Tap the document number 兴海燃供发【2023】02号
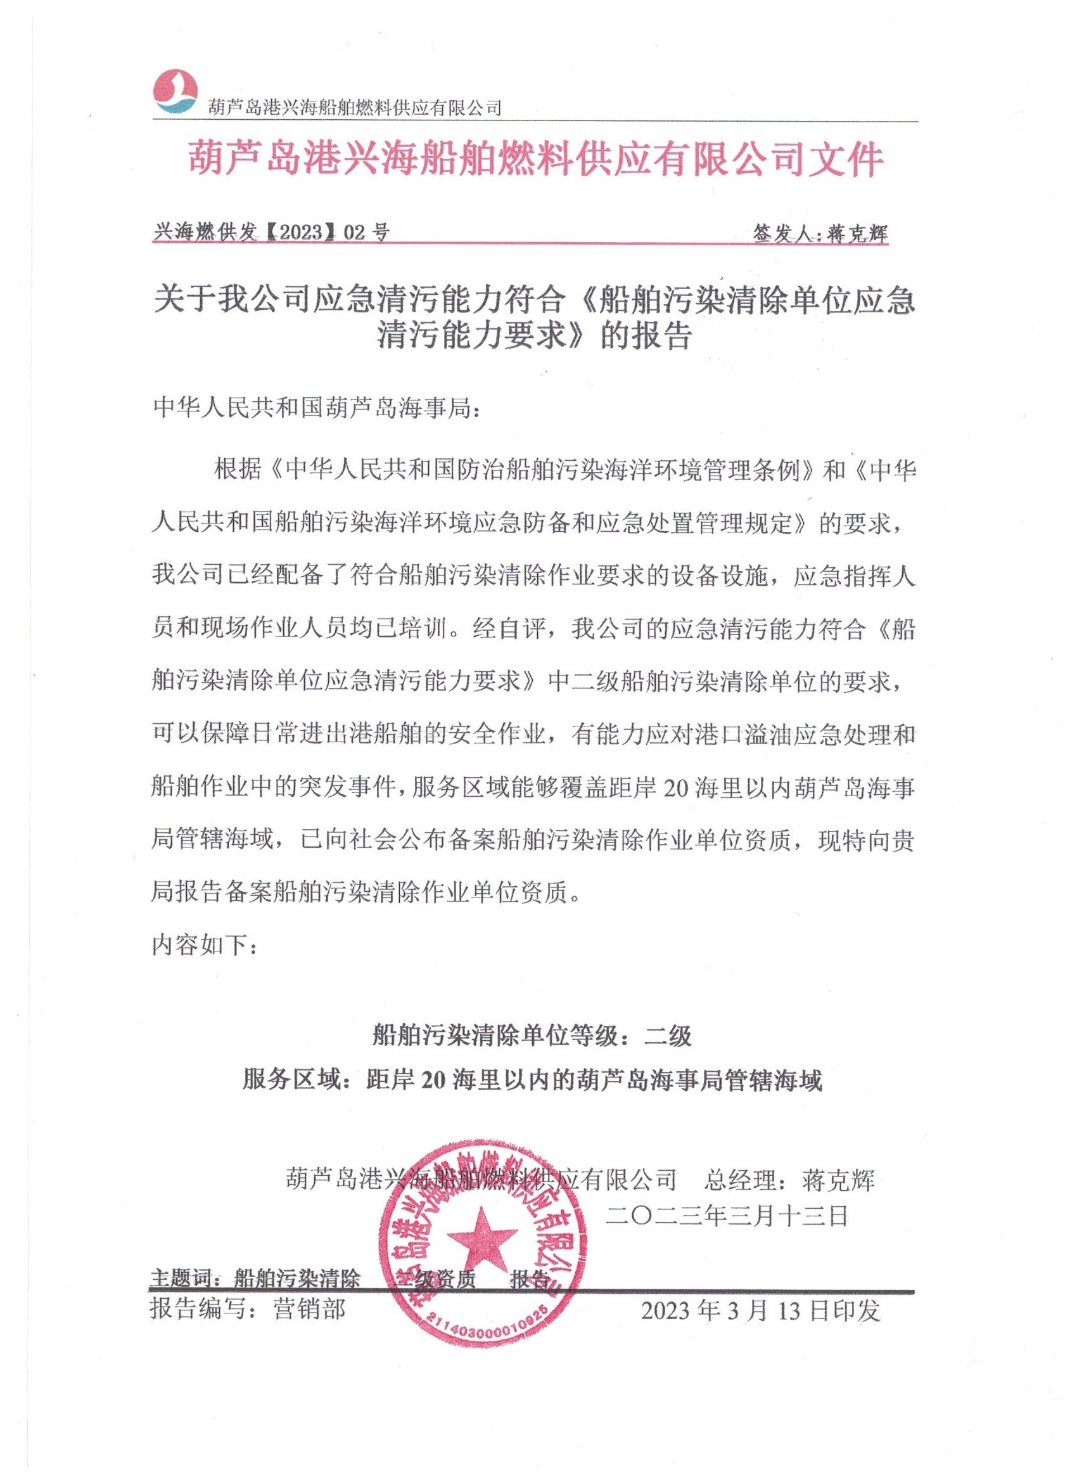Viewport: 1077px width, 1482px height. [x=271, y=232]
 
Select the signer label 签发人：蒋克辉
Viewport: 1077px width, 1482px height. [x=820, y=233]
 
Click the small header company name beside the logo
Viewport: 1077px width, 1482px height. [x=355, y=106]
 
